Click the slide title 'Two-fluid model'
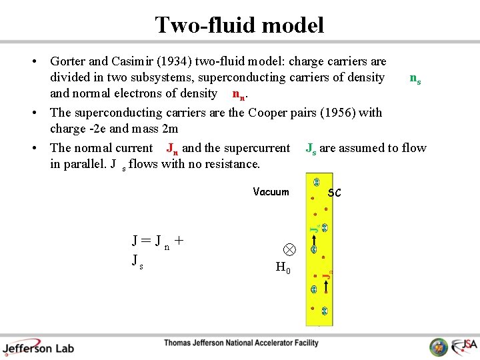239,25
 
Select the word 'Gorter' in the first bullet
70,61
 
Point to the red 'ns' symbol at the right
415,79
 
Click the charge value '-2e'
98,129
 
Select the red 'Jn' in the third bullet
172,148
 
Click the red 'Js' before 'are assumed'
311,148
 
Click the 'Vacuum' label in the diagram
271,192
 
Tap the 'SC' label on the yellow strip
334,193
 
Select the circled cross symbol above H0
288,249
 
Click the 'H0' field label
283,268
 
